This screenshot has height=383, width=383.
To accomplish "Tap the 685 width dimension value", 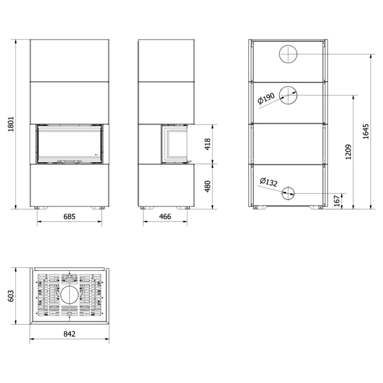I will [69, 216].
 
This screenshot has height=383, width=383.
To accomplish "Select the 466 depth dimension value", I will [165, 216].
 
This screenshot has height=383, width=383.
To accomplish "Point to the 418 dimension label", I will [207, 144].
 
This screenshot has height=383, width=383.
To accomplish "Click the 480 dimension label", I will [207, 186].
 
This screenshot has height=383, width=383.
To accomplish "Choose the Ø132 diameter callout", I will [269, 182].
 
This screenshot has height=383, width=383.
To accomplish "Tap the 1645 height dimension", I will [366, 131].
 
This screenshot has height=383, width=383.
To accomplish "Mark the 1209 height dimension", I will [348, 152].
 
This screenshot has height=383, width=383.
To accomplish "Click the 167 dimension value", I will [337, 201].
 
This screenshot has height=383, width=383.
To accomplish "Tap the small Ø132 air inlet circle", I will [288, 193].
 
